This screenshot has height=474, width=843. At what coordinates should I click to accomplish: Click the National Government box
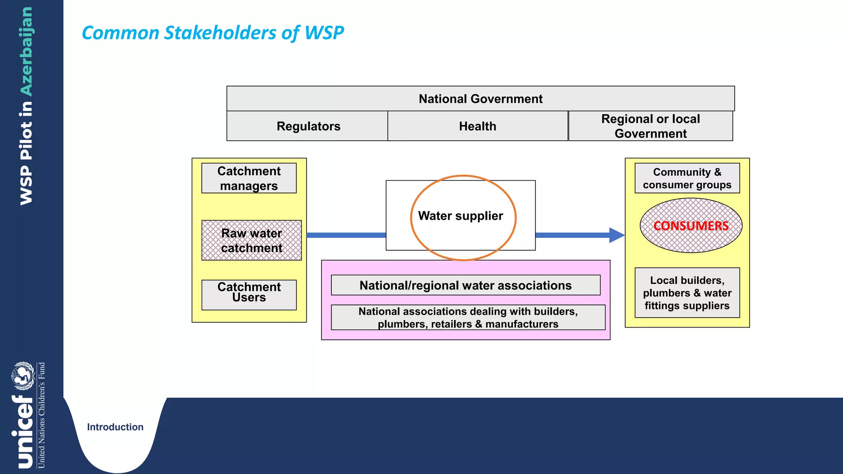pyautogui.click(x=480, y=99)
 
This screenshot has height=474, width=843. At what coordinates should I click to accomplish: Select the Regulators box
pyautogui.click(x=308, y=126)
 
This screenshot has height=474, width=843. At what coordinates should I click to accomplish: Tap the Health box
pyautogui.click(x=477, y=126)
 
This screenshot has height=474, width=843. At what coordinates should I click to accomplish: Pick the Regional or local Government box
pyautogui.click(x=650, y=126)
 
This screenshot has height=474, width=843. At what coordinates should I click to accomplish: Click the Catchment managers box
pyautogui.click(x=249, y=178)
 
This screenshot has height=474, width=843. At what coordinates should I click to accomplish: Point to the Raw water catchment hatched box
pyautogui.click(x=251, y=240)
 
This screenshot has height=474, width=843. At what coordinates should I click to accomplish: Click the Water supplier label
pyautogui.click(x=460, y=216)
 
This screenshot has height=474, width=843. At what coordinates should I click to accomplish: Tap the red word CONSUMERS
pyautogui.click(x=691, y=225)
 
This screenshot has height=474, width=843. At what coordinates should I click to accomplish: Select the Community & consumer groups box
pyautogui.click(x=687, y=178)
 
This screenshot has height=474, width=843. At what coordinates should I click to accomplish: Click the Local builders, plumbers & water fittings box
pyautogui.click(x=687, y=293)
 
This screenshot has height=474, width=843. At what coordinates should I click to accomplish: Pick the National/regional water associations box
pyautogui.click(x=466, y=285)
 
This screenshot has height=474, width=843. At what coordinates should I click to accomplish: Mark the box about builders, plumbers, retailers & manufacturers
pyautogui.click(x=468, y=317)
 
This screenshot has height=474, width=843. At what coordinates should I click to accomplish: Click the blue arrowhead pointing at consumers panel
pyautogui.click(x=616, y=235)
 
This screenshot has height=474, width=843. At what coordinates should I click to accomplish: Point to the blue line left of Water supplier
pyautogui.click(x=346, y=235)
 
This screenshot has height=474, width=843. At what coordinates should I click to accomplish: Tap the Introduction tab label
pyautogui.click(x=115, y=427)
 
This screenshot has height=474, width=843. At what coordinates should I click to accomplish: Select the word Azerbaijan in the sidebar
pyautogui.click(x=26, y=51)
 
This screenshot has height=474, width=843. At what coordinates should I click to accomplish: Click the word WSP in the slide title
pyautogui.click(x=324, y=33)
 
